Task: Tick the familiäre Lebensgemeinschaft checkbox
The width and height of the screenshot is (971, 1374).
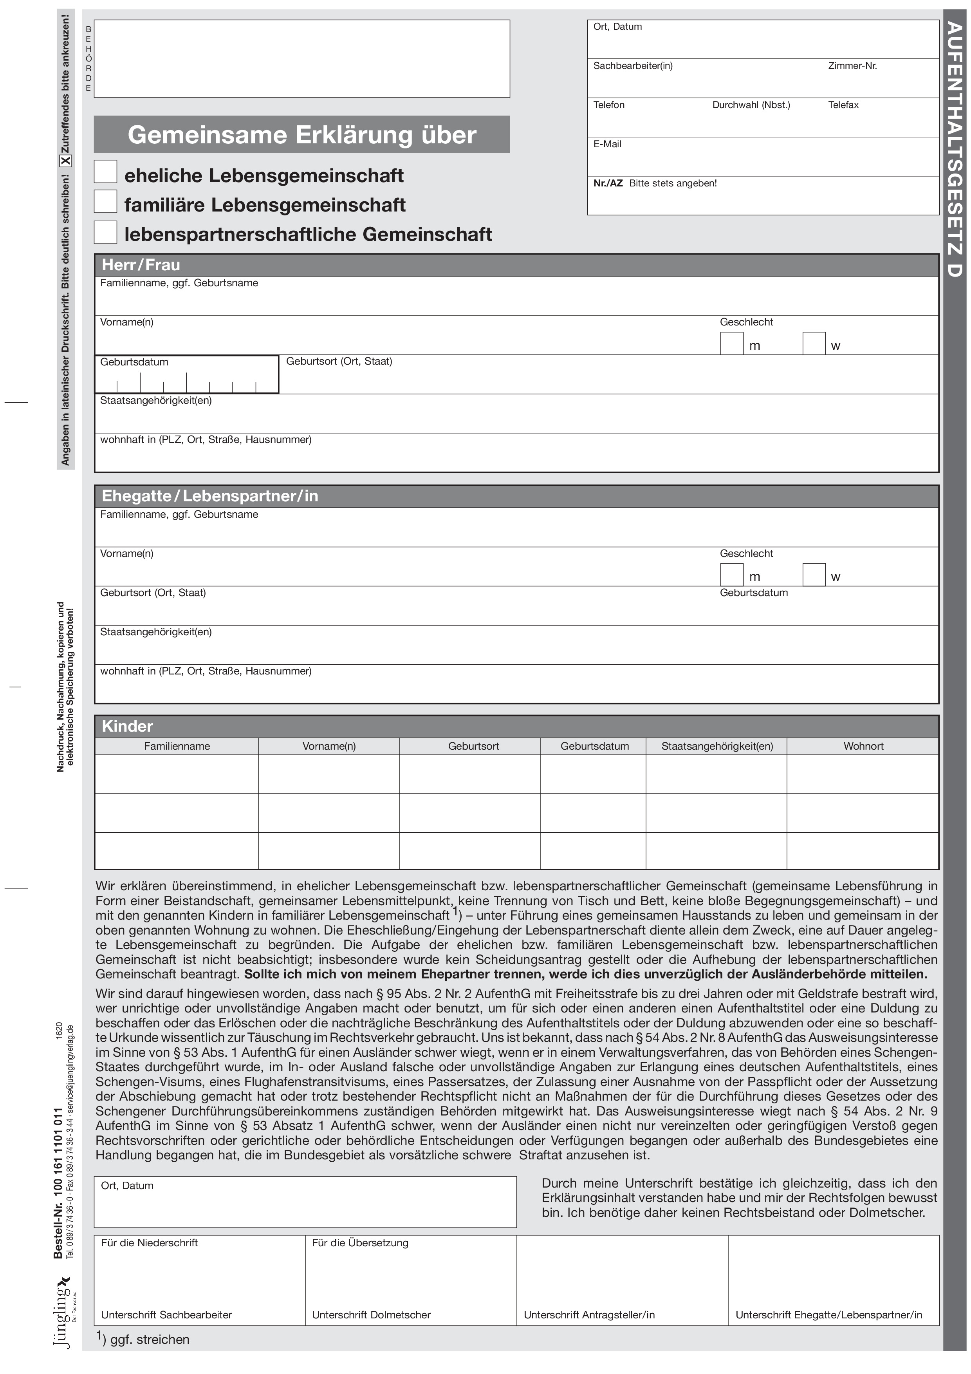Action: pyautogui.click(x=105, y=202)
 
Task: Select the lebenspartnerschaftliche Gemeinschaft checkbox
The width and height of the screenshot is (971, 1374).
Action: pyautogui.click(x=105, y=232)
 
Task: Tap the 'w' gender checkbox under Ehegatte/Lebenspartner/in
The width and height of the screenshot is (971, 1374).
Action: pyautogui.click(x=814, y=575)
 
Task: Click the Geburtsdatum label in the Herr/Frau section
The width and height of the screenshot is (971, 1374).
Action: pyautogui.click(x=134, y=362)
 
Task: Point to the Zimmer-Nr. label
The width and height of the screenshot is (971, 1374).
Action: pyautogui.click(x=852, y=66)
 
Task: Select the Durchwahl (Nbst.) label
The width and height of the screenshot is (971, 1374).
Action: pyautogui.click(x=751, y=105)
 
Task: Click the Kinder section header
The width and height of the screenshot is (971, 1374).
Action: pyautogui.click(x=127, y=726)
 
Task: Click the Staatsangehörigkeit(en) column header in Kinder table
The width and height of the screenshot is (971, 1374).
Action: pyautogui.click(x=717, y=746)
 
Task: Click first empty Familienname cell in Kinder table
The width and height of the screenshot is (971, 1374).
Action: pyautogui.click(x=177, y=774)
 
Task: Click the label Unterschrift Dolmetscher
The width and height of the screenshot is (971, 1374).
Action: pyautogui.click(x=371, y=1315)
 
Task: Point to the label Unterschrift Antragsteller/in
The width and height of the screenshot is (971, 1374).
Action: pyautogui.click(x=589, y=1315)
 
